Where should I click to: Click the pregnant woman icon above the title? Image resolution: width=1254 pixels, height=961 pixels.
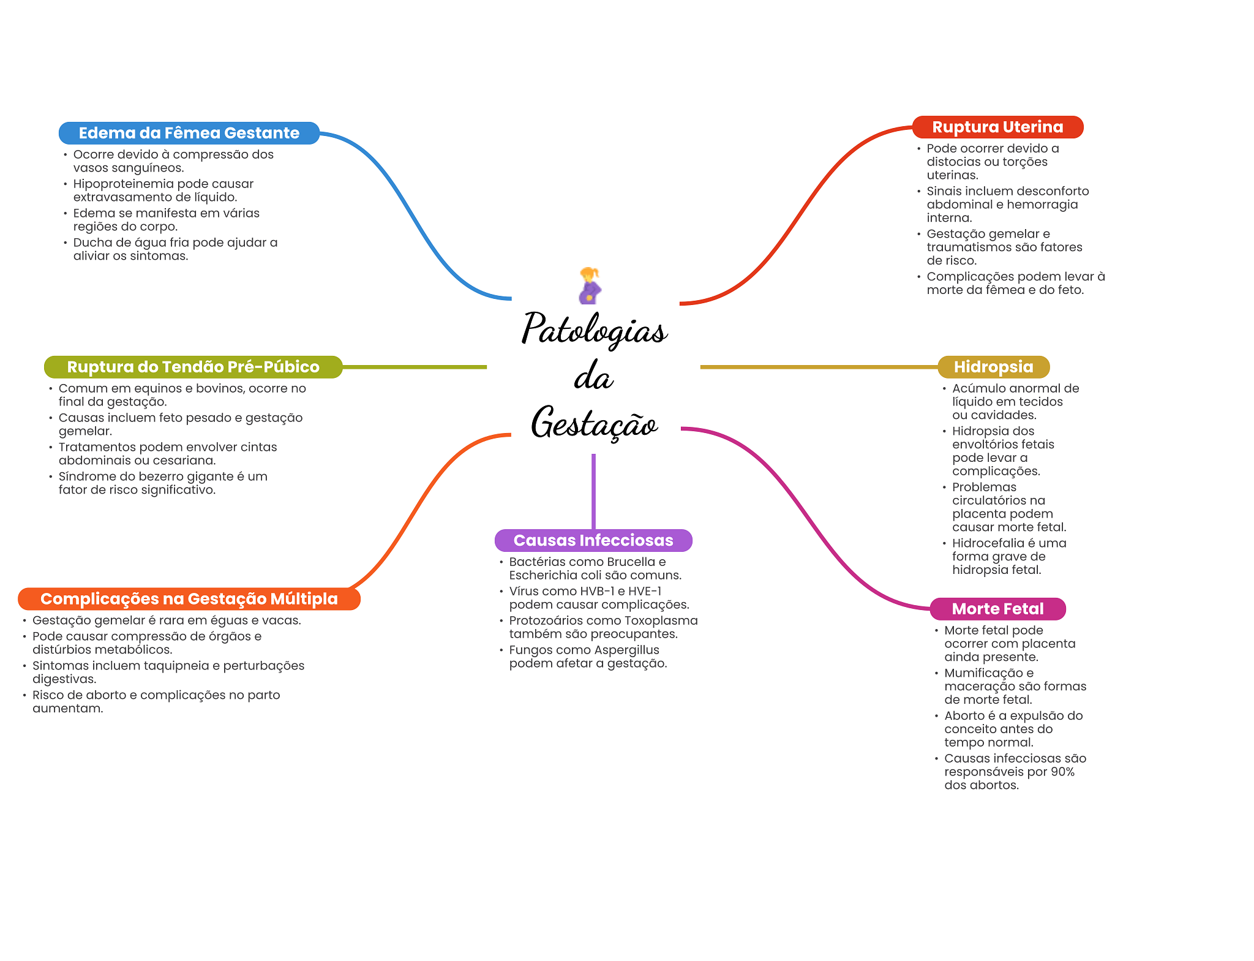point(590,285)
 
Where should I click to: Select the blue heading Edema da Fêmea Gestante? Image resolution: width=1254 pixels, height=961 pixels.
point(189,133)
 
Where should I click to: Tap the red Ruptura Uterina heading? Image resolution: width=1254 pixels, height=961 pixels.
point(997,127)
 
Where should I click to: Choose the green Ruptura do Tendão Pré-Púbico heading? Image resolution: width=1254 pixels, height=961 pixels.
point(193,367)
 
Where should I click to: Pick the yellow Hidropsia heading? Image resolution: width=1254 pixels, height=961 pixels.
point(993,367)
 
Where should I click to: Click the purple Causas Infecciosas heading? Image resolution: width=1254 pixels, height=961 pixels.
point(593,540)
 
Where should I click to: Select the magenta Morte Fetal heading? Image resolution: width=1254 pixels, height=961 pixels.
point(997,609)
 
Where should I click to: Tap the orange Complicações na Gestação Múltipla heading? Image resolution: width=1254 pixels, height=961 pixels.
point(189,599)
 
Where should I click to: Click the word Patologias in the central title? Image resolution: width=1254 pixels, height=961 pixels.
point(594,330)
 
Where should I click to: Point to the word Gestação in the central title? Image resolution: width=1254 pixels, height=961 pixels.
point(594,423)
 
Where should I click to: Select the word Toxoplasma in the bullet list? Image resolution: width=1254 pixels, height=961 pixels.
point(661,620)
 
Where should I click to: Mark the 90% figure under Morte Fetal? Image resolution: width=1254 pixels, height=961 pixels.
point(1062,772)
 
